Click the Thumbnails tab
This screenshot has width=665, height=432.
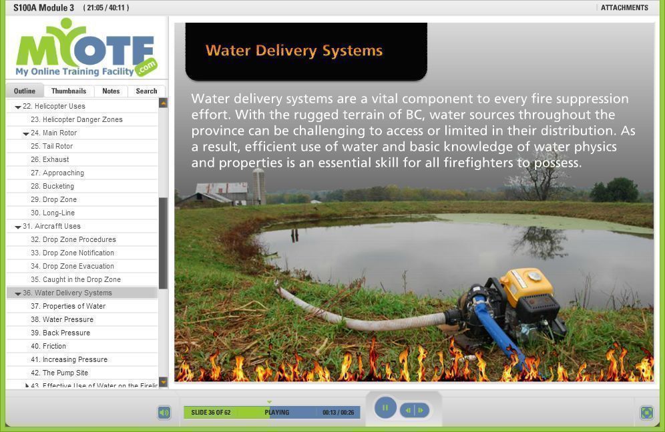pos(69,91)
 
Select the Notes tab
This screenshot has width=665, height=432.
pos(111,91)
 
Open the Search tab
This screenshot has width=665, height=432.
pos(146,91)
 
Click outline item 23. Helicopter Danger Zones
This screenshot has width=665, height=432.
pos(76,119)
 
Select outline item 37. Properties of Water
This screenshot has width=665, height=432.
pos(68,306)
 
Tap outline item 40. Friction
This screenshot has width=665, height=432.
pos(48,346)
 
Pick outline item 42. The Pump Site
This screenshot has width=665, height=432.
pos(59,373)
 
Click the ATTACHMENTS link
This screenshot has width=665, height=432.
pos(624,7)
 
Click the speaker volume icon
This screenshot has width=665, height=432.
pos(164,412)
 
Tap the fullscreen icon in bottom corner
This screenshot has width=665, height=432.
pos(647,412)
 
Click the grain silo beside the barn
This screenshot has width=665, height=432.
pos(258,186)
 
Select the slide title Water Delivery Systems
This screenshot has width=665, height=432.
pos(294,51)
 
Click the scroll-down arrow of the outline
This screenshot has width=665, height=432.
pos(164,381)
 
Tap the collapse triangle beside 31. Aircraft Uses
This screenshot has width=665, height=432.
pos(18,227)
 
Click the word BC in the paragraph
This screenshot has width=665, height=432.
pos(415,115)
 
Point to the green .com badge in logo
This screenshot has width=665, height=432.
pos(146,67)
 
